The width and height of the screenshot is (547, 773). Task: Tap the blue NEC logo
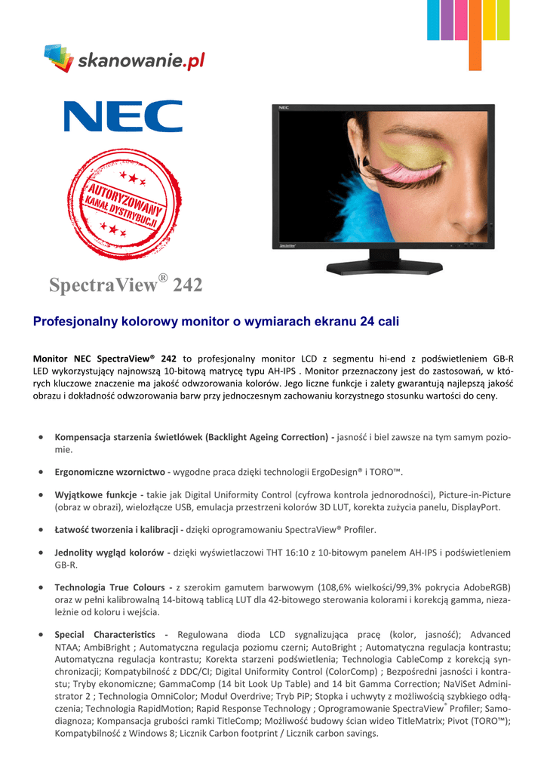point(123,117)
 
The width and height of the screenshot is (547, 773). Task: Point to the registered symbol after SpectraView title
point(162,279)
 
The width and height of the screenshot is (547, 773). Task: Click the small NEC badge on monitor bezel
point(284,109)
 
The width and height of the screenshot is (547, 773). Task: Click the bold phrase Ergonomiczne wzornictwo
point(111,472)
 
